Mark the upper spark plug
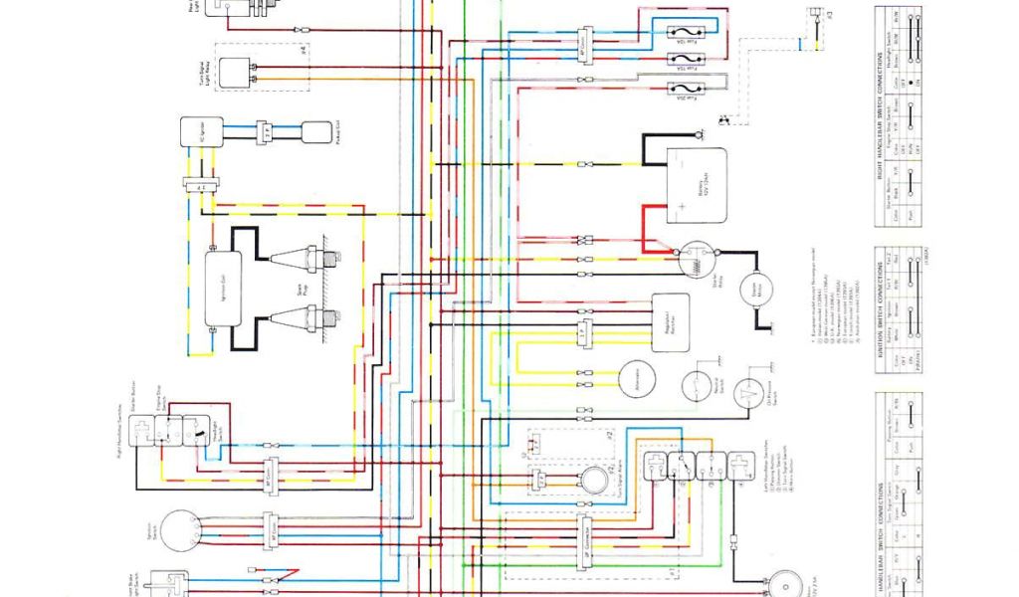[298, 258]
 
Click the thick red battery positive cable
[653, 224]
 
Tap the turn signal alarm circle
[595, 479]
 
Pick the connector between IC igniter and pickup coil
[264, 131]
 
